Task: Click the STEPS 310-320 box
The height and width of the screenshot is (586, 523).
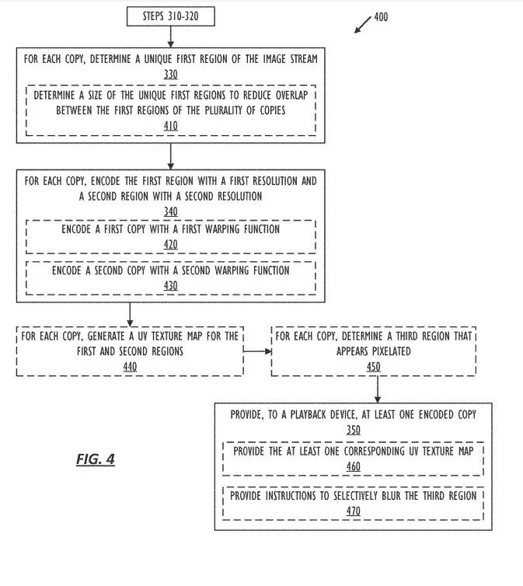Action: pos(170,16)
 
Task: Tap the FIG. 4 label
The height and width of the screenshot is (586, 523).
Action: pos(96,459)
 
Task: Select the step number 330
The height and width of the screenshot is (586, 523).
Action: pos(170,75)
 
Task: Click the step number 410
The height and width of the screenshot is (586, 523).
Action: pos(170,125)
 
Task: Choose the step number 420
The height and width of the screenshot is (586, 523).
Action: pos(170,244)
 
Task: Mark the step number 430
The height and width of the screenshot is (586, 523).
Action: pos(170,285)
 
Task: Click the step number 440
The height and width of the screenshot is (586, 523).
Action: pos(129,366)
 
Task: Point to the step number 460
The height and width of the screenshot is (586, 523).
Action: pos(353,466)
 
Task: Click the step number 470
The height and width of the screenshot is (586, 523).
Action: pos(353,511)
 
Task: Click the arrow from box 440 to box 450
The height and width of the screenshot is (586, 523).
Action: pos(257,351)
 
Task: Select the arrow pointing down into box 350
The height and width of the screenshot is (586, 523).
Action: pos(376,389)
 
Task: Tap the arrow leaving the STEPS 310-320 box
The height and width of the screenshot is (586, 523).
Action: pos(170,36)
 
